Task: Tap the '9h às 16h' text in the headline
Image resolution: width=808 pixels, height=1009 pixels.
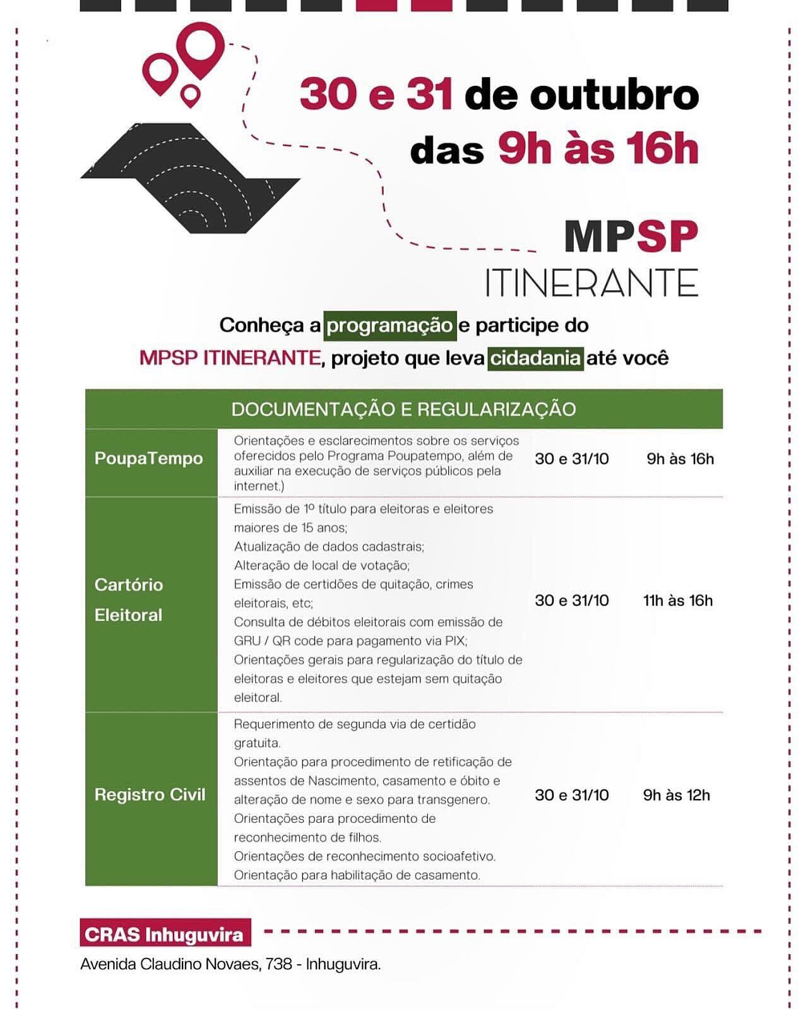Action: point(598,150)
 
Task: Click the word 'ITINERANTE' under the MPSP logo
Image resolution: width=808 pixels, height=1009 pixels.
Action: point(591,283)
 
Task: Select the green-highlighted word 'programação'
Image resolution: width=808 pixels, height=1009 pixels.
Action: point(389,326)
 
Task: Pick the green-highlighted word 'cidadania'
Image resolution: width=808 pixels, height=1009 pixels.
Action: point(535,358)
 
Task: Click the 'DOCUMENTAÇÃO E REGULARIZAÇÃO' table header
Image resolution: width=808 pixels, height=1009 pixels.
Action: point(403,409)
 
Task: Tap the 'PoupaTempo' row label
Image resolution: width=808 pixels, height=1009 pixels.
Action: point(149,458)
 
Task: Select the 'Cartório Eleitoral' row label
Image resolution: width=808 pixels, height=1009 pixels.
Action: point(129,599)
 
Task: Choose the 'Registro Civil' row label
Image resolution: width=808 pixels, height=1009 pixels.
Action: point(150,794)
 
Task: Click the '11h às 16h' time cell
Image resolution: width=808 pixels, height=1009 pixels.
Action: point(677,601)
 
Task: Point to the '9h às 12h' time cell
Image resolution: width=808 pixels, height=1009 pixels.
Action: point(676,795)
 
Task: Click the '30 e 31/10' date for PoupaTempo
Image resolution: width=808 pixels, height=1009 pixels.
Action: point(571,459)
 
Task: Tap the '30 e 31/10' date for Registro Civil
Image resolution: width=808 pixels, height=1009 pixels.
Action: point(571,795)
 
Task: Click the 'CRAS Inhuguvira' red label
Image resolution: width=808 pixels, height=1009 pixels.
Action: point(164,934)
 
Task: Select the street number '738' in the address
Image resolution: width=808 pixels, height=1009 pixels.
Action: point(278,964)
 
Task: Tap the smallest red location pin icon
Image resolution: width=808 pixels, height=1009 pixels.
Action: point(190,95)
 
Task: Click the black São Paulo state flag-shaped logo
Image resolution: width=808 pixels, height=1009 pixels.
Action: point(189,180)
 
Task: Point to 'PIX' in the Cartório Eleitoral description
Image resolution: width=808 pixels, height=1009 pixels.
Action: point(454,641)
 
